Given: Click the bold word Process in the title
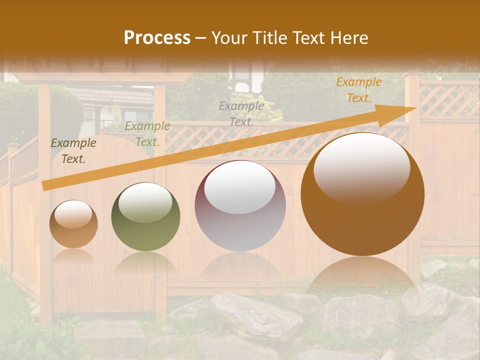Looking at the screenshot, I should coord(157,38).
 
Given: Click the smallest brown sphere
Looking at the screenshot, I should coord(73,224).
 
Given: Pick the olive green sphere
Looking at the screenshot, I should coord(145,217).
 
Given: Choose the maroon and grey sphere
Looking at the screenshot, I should coord(240,206).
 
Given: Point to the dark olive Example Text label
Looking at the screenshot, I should coord(73,151).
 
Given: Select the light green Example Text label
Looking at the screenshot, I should coord(147,134).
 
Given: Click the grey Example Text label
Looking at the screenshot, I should coord(241,113).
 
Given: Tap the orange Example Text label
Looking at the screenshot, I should coord(359,90).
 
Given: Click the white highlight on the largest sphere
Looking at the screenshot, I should coord(362,167).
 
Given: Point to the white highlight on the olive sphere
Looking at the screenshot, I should coord(145,202).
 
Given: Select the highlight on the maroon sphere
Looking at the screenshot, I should coord(240,187).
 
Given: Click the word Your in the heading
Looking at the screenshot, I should coord(228,38).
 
